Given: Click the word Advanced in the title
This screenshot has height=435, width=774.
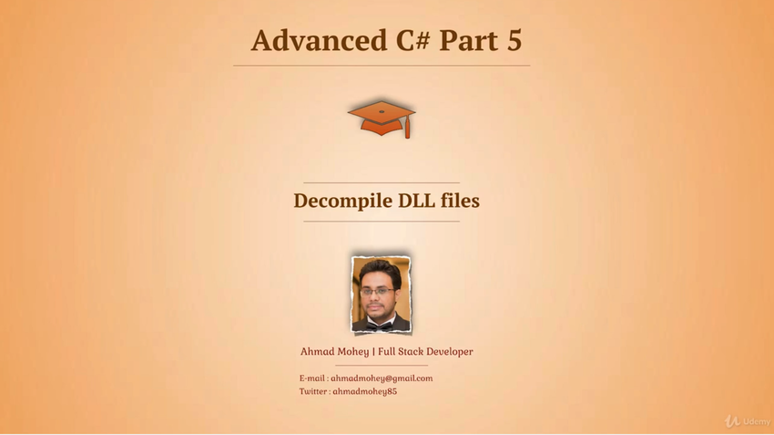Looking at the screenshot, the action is tap(319, 40).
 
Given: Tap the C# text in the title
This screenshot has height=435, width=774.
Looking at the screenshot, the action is tap(412, 40).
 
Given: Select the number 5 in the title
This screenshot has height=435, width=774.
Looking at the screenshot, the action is tap(514, 40).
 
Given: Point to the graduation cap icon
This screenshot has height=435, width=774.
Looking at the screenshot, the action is tap(382, 119).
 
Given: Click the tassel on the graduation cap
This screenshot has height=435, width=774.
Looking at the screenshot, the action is tap(408, 128).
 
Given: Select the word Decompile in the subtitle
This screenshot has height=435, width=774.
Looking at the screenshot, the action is tap(343, 202).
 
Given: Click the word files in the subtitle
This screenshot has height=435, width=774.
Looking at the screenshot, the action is tap(460, 201).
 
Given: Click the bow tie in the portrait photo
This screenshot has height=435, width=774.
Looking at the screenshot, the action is tap(380, 326).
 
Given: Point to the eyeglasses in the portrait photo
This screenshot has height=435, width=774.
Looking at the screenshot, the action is tap(377, 292).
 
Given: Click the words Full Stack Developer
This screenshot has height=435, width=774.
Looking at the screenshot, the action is tap(425, 351).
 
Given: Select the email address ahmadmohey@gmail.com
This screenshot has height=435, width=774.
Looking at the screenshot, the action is tap(382, 378).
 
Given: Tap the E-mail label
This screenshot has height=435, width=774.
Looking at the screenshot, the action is tap(312, 378).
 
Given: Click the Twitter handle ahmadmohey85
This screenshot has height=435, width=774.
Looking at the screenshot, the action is tap(365, 391).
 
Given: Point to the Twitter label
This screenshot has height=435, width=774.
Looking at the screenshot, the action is tap(313, 391).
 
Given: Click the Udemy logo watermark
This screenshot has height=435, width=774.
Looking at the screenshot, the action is tap(748, 421).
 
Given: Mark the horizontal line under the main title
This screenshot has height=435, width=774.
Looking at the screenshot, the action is tap(382, 66).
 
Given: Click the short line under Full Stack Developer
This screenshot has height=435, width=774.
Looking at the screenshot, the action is tap(382, 366).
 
